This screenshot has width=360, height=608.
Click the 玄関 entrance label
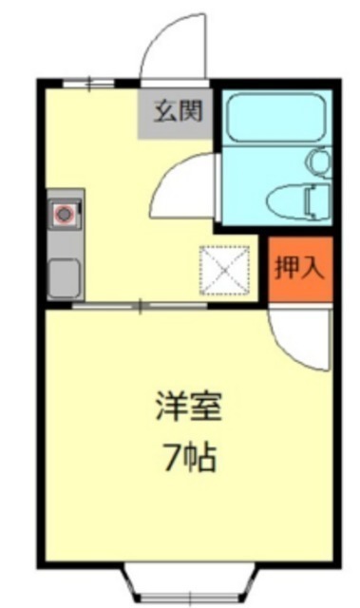coord(179,110)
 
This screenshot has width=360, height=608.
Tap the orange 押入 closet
coord(300,269)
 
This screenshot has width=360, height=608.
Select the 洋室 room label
coord(188,407)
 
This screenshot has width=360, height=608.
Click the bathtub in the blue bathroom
coord(275,118)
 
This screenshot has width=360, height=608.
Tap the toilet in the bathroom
coord(299,200)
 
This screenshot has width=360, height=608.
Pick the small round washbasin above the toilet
coord(319,162)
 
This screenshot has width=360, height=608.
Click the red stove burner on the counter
coord(63,213)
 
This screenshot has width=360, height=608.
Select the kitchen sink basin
coord(65,276)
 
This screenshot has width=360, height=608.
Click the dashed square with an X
coord(224,270)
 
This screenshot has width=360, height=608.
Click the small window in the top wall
coord(88,84)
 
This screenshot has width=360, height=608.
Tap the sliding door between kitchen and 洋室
coord(140,306)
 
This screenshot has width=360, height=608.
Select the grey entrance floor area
coord(176,113)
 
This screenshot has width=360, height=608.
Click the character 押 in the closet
coord(286,268)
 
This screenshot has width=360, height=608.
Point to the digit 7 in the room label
coord(171,458)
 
